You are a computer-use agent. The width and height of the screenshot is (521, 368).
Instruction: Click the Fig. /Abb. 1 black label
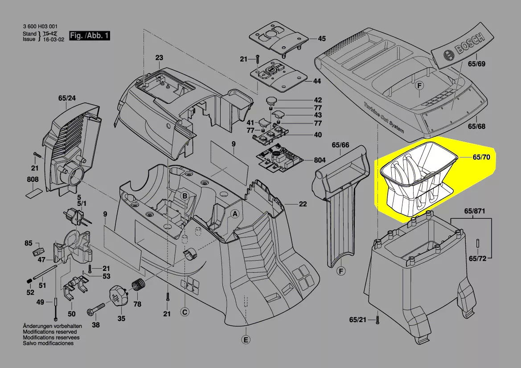90,36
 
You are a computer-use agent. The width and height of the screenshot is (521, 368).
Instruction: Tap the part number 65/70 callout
481,157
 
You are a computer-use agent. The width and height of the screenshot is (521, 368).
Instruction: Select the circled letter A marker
235,214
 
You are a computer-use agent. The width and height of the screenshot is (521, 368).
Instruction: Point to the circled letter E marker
246,340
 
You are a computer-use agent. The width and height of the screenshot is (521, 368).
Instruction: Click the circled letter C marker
185,312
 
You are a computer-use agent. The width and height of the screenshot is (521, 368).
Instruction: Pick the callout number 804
320,160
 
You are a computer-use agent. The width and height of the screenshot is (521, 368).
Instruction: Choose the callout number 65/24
67,98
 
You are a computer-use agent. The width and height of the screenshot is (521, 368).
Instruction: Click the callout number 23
159,58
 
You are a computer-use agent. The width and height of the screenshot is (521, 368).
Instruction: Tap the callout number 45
322,39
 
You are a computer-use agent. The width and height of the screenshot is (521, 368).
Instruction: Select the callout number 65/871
475,211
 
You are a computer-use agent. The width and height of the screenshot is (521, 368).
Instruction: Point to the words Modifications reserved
50,332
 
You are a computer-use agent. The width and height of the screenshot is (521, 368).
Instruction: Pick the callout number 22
303,204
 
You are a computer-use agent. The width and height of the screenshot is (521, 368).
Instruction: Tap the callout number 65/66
340,145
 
